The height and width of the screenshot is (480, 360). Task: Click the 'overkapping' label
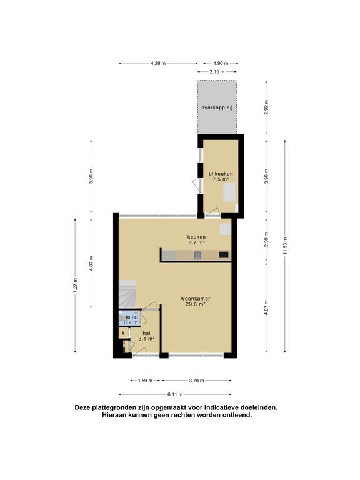pos(217,107)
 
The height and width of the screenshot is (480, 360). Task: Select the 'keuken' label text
pos(196,237)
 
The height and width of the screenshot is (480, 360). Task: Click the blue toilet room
pos(131,319)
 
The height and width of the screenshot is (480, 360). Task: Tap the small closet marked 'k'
pos(124,334)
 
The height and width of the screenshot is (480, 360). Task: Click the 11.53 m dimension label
pos(286,240)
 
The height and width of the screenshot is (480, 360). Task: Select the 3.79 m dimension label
pos(196,380)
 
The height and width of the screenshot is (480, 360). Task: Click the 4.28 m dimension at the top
pos(159,63)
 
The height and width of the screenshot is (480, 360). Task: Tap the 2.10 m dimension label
pos(217,71)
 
